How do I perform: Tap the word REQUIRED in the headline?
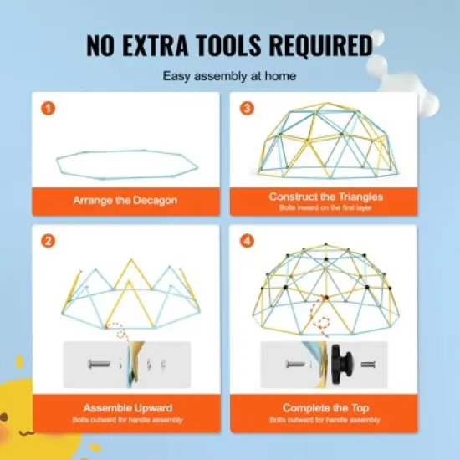click(x=321, y=44)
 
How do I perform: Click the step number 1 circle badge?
click(x=48, y=109)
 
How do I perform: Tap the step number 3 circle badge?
click(x=248, y=109)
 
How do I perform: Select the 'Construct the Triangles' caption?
click(x=326, y=197)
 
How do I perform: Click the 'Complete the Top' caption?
click(x=326, y=408)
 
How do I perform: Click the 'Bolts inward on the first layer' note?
click(x=326, y=206)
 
